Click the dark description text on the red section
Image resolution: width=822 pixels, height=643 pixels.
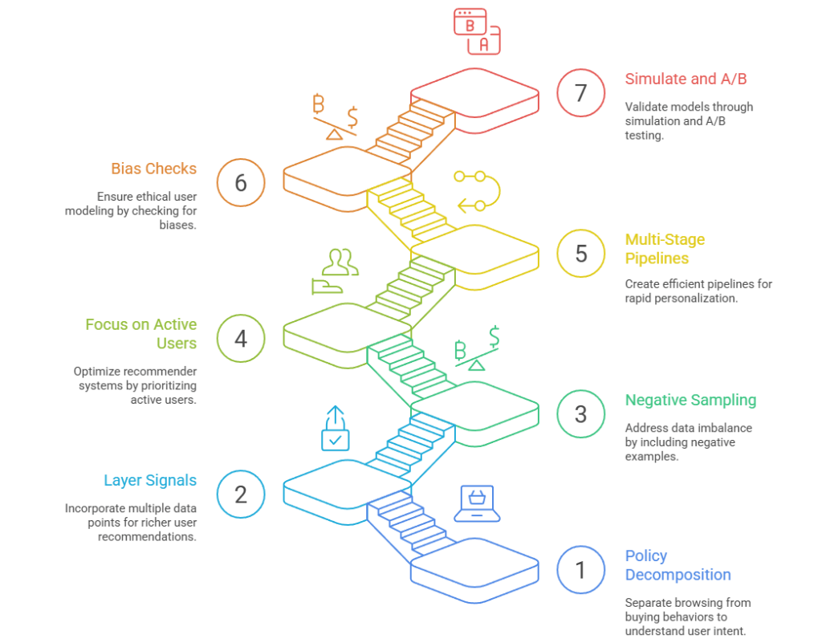click(x=697, y=126)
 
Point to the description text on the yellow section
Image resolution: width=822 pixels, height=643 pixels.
click(x=697, y=293)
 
